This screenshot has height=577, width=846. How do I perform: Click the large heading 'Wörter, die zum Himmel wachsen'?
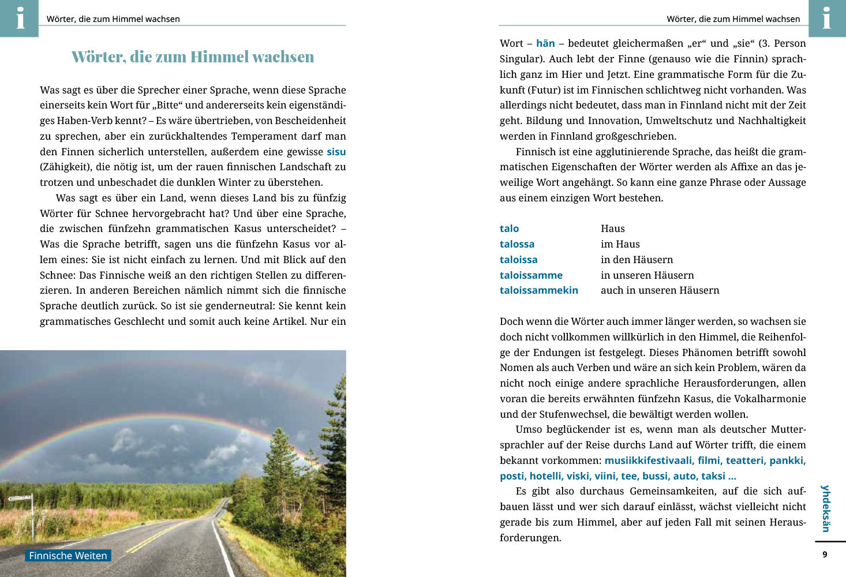pos(193,57)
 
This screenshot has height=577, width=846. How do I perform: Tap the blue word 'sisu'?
pos(336,152)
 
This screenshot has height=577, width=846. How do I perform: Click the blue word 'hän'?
pos(545,43)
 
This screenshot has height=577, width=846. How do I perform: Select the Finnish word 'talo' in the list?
pos(509,228)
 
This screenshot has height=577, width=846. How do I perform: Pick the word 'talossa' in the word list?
pos(517,244)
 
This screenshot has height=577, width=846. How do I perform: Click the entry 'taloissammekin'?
pos(538,290)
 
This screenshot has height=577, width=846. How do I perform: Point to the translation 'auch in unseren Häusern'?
pos(660,290)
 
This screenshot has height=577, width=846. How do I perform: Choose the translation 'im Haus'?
pos(620,244)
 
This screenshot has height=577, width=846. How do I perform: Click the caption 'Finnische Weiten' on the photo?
pos(68,556)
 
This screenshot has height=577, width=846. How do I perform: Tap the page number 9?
pos(825,554)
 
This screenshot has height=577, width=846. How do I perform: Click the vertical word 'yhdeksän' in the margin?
pos(826,508)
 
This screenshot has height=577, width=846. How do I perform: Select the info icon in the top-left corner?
pos(20,18)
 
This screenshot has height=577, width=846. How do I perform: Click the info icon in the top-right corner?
pos(826,18)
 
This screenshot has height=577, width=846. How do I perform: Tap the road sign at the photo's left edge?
pos(20,498)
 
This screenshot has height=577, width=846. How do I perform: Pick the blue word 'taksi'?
pos(713,476)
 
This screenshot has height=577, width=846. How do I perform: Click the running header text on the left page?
pos(113,19)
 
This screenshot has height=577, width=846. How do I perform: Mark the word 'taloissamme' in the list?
pos(531,275)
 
